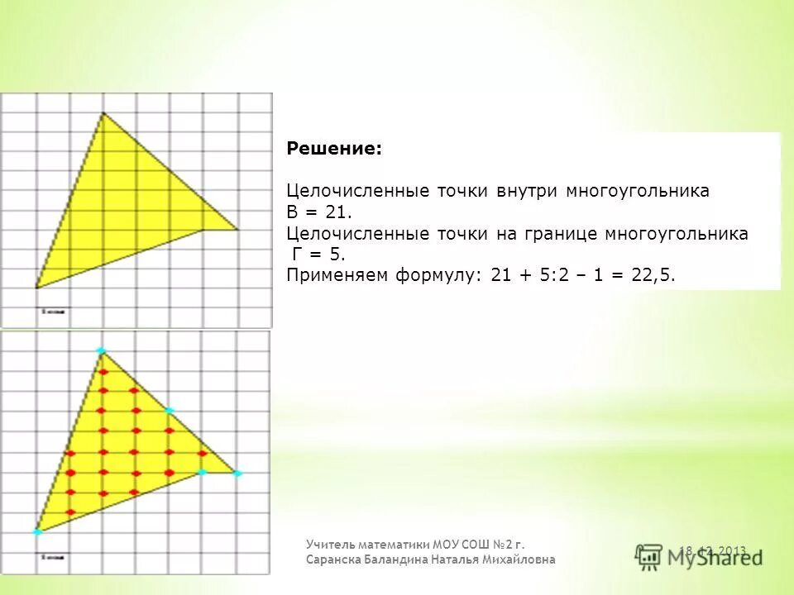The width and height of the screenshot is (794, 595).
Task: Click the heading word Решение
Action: click(334, 149)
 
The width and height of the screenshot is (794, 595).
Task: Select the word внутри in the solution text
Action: click(528, 191)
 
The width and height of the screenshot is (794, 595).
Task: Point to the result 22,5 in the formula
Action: click(653, 276)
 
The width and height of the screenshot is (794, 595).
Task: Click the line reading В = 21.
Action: click(310, 212)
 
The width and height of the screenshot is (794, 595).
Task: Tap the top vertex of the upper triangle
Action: click(103, 113)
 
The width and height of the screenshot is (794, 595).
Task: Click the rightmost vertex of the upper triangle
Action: click(238, 229)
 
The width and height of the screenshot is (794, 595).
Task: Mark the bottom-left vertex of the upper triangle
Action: click(36, 287)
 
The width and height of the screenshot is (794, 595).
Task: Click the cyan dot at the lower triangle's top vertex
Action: click(102, 351)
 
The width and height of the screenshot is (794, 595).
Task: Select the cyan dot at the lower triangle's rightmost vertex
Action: click(237, 474)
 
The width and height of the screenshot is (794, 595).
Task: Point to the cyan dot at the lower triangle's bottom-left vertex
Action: click(37, 532)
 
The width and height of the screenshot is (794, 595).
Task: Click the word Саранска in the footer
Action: click(334, 559)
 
